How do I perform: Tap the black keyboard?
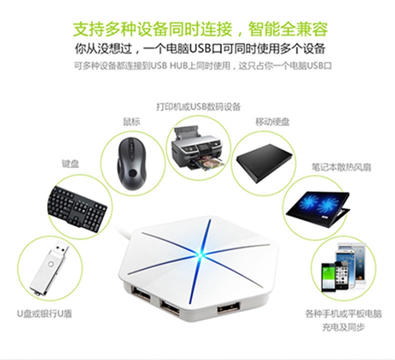coord(77,208)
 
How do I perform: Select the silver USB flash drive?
coord(49,268)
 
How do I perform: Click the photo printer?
coord(197,148)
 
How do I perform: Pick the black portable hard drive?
coord(264,163)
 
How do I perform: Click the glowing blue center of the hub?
coord(199,255)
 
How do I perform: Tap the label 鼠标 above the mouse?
coord(131,122)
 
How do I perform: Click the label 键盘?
coord(71,164)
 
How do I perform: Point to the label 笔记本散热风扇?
coord(341,167)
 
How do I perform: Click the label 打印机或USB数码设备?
coord(199,107)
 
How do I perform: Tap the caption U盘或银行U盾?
coord(45,314)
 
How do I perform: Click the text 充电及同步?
coord(344,327)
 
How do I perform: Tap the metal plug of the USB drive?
coord(60,249)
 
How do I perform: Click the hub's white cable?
coord(123,232)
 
